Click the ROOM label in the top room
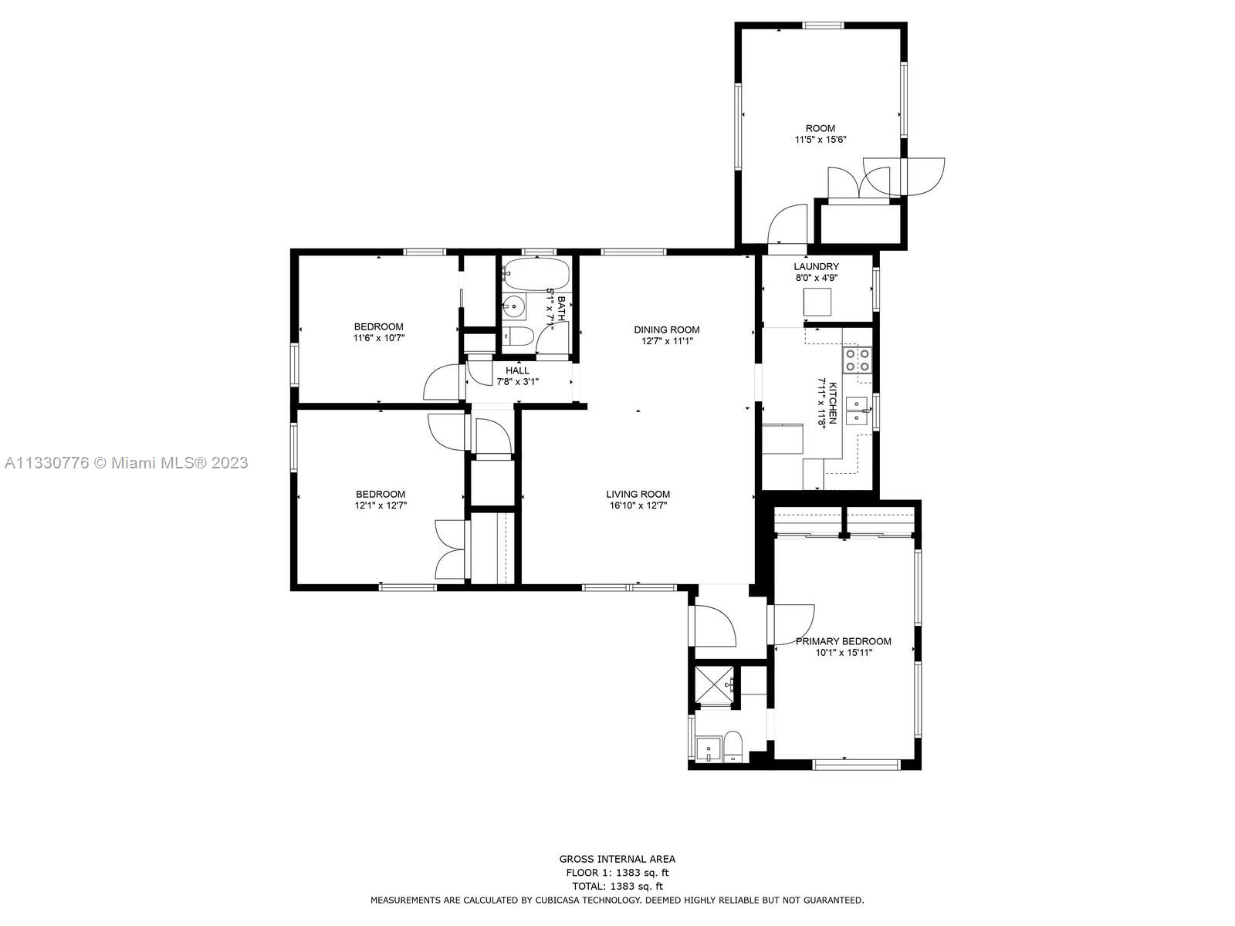820,128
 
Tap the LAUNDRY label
816,266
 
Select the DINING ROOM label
666,330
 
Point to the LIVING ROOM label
638,494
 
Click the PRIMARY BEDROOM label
843,641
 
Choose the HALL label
516,370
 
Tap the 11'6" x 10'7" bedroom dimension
379,338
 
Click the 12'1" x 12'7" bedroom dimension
381,505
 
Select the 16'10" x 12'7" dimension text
638,505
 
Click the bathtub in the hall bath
536,274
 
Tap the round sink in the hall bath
513,306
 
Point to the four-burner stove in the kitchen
856,360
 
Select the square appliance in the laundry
817,302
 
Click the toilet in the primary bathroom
733,746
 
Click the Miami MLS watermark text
126,463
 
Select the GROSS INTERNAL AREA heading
617,859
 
